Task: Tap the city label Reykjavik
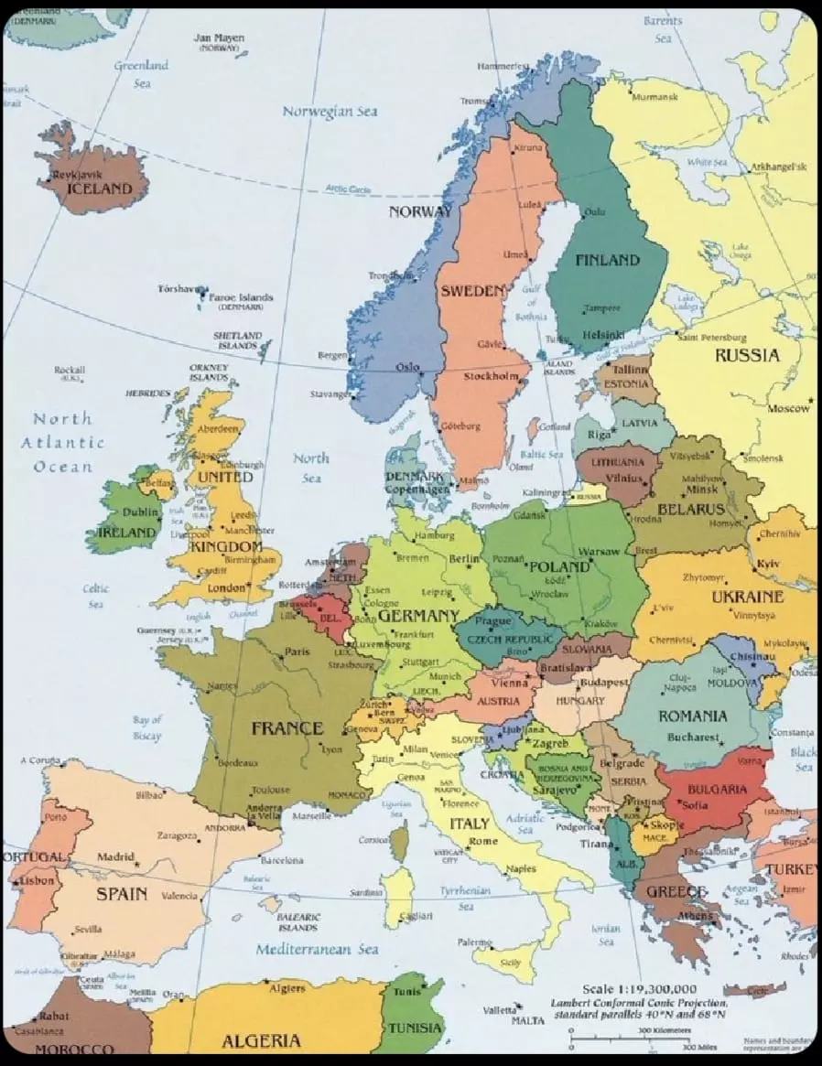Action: (x=78, y=174)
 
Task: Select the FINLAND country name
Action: (x=607, y=260)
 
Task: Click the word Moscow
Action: (x=789, y=408)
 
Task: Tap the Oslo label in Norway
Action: (x=406, y=367)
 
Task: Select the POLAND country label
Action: (x=559, y=566)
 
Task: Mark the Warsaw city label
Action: (x=600, y=552)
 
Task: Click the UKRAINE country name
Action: (x=747, y=596)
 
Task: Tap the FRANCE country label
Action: (x=287, y=728)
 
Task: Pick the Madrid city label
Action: (x=115, y=857)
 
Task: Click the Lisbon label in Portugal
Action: (x=38, y=880)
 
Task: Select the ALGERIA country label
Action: (x=261, y=1040)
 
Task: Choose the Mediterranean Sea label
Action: (x=317, y=949)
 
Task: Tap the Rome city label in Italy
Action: (x=483, y=841)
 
